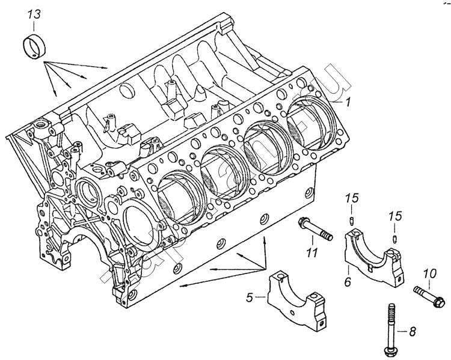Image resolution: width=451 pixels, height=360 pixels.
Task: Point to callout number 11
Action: (311, 252)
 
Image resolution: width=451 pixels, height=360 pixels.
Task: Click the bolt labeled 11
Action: (314, 232)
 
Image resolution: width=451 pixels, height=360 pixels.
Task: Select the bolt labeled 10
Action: (429, 296)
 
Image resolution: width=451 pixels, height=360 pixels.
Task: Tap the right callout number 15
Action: (394, 215)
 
